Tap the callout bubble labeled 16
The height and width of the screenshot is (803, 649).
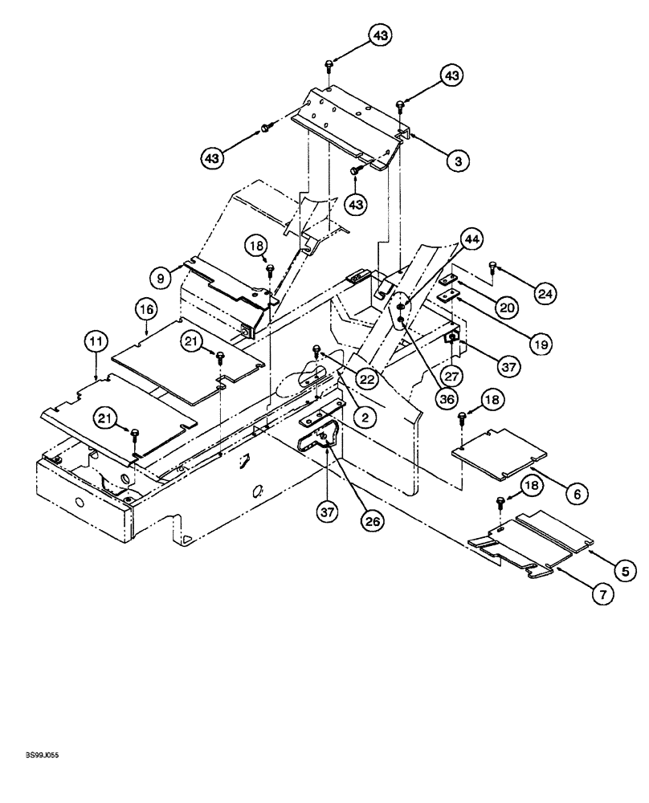click(x=145, y=308)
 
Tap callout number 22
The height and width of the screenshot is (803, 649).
click(x=366, y=379)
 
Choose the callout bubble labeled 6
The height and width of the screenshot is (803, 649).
click(x=575, y=495)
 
